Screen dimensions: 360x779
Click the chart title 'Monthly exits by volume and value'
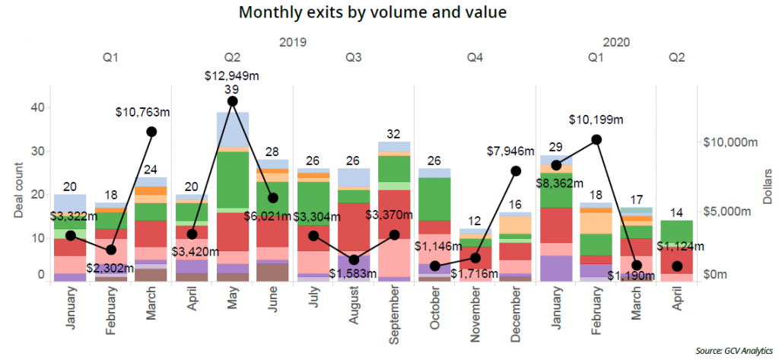point(373,13)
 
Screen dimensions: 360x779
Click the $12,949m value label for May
point(232,75)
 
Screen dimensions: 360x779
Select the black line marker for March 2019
point(151,132)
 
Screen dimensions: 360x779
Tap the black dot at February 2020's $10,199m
point(596,139)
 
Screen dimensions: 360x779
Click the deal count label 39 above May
point(232,89)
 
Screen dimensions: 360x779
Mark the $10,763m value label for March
point(142,112)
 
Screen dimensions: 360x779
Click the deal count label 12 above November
point(475,221)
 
